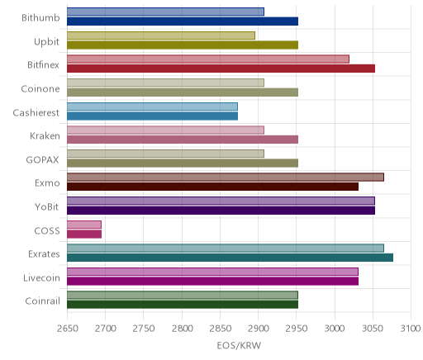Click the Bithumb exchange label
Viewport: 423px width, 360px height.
(40, 18)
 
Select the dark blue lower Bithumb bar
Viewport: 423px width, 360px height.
(183, 21)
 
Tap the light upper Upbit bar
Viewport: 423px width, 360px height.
(161, 36)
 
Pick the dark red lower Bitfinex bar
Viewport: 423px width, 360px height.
(221, 69)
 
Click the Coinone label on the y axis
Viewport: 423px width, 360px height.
(40, 88)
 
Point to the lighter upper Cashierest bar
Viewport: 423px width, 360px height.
(152, 107)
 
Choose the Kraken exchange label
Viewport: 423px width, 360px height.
(45, 136)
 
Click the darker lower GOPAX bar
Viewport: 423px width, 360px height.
(183, 163)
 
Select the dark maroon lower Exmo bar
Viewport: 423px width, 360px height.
(212, 187)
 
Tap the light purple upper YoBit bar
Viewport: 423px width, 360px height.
(221, 201)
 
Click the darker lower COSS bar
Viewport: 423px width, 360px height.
(84, 234)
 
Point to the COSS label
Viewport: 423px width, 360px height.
(47, 230)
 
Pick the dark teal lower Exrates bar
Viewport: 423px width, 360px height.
(230, 258)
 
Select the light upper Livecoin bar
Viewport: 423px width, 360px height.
(212, 272)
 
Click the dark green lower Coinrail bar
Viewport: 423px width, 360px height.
(183, 305)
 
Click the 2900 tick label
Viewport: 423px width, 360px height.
(259, 329)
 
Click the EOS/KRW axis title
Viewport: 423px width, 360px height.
(239, 345)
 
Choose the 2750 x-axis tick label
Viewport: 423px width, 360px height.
(144, 329)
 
